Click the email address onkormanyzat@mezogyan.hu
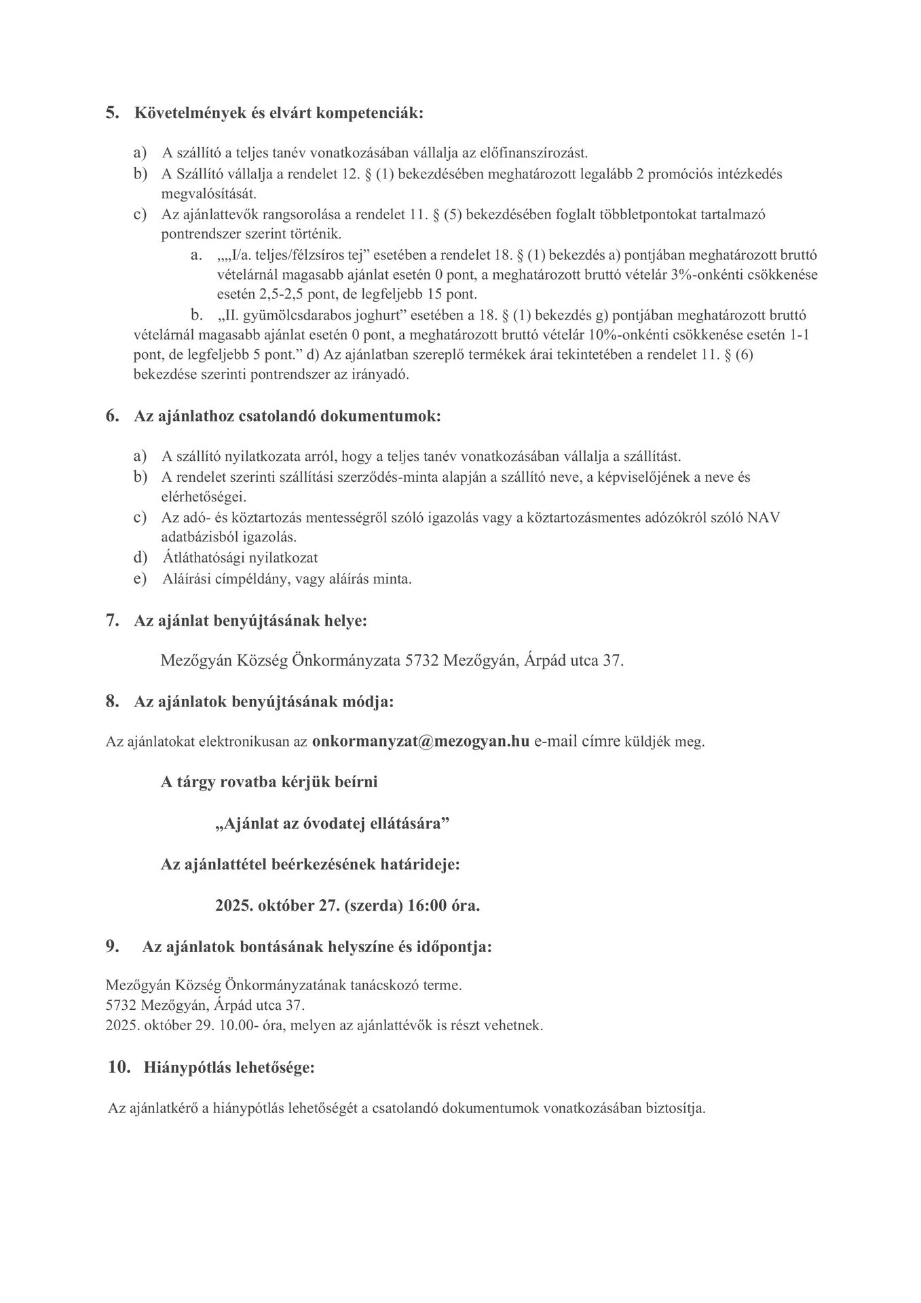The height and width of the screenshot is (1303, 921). [420, 740]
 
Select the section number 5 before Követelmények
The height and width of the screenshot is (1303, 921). [112, 113]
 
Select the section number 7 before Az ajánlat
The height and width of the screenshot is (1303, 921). [112, 620]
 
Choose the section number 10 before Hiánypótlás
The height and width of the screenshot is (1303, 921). [119, 1068]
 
